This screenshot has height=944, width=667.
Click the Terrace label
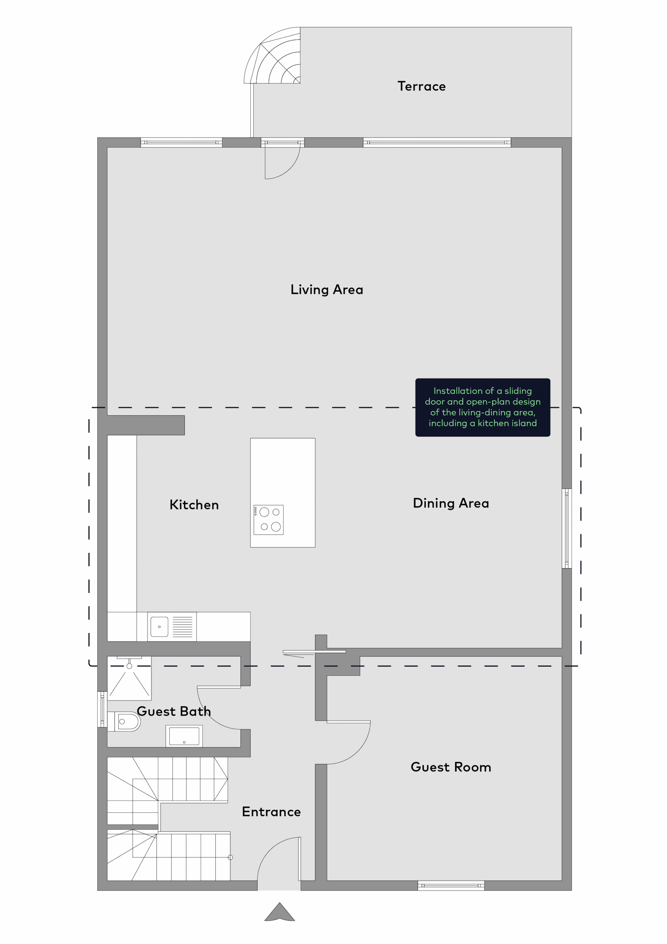point(421,86)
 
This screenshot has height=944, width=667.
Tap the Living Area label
point(327,290)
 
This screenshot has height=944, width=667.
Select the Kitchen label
point(194,505)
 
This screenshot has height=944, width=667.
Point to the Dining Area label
point(451,504)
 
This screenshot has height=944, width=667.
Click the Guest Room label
point(451,767)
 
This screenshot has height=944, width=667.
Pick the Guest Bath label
point(174,711)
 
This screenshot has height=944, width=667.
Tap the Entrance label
point(271,812)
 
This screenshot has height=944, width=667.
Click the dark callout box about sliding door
point(483,407)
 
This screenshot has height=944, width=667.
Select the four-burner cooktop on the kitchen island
point(268,520)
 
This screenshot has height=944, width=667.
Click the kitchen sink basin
point(160,627)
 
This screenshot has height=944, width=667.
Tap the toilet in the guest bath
point(125,722)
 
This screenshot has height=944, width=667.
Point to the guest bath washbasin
point(184,736)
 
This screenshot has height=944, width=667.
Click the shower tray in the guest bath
point(129,678)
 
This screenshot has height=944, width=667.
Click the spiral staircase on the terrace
point(272,55)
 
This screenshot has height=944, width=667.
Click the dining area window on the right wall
point(567,528)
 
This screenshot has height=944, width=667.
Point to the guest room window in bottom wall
point(451,886)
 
